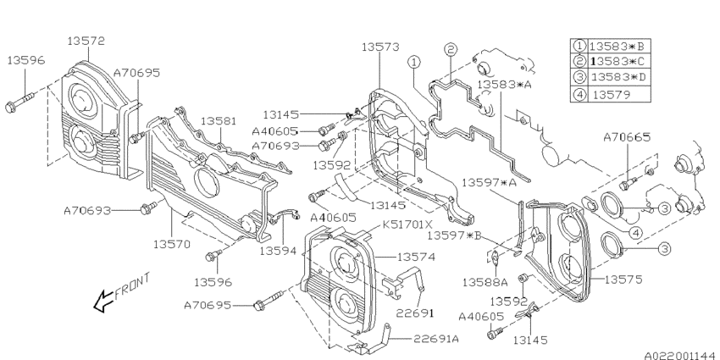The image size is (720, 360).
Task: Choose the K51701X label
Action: coord(407,225)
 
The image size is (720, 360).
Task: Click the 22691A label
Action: coord(440,339)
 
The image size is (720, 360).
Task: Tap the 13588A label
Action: coord(485,281)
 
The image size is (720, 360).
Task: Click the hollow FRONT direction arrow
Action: coord(104,297)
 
